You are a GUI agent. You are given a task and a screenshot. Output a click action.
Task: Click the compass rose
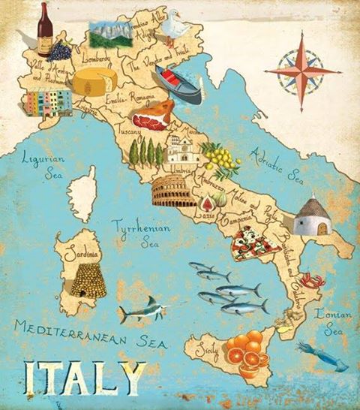coord(302,71)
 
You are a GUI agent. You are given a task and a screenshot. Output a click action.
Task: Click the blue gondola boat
coord(178,84)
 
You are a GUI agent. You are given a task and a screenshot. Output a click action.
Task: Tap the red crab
coord(313,282)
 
